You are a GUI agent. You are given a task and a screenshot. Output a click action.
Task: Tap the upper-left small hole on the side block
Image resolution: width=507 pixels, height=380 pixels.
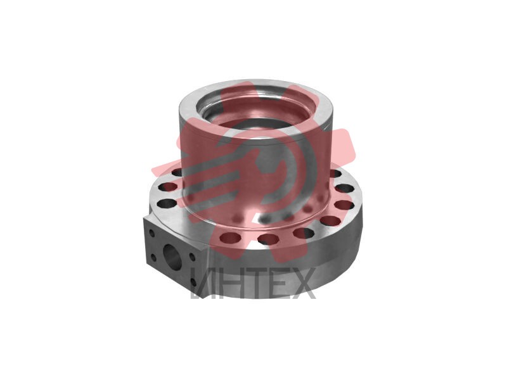pos(151,233)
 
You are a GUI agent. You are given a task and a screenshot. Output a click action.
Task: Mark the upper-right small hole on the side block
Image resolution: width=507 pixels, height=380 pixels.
pos(192,257)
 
